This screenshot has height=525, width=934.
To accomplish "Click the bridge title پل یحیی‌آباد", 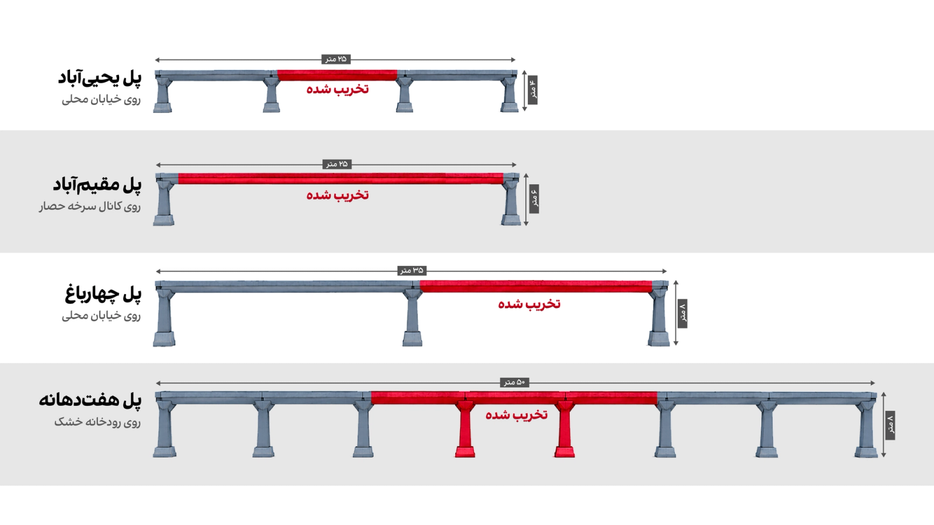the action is tap(100, 78).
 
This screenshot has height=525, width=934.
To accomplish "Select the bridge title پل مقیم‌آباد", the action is tap(97, 185).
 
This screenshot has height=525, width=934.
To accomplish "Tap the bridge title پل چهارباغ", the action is tap(103, 294).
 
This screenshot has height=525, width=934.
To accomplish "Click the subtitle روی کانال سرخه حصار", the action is tap(90, 206).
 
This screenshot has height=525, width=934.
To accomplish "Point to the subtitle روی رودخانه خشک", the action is tap(97, 422).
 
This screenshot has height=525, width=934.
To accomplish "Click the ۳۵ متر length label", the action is tap(412, 271).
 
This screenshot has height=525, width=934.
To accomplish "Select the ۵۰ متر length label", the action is tap(514, 382).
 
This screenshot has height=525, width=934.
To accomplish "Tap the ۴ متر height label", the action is tap(532, 90).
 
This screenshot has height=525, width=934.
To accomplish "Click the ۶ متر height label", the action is tap(534, 199).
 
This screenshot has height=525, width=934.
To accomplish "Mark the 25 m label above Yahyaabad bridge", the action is tap(336, 59).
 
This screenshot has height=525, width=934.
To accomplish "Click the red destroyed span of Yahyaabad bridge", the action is tap(337, 75).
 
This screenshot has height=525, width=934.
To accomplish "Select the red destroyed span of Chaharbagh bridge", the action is tap(536, 286).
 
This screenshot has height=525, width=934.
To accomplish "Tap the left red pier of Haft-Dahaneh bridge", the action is tap(465, 429).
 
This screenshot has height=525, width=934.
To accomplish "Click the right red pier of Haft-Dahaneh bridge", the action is tap(564, 429).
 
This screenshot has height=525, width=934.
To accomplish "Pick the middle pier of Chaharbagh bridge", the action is tap(412, 317).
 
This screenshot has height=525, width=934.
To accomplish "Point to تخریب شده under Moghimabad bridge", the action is tap(338, 195).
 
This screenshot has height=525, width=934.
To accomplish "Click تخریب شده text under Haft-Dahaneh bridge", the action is tap(517, 415).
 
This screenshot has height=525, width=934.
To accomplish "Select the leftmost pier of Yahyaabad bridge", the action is tap(163, 94).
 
